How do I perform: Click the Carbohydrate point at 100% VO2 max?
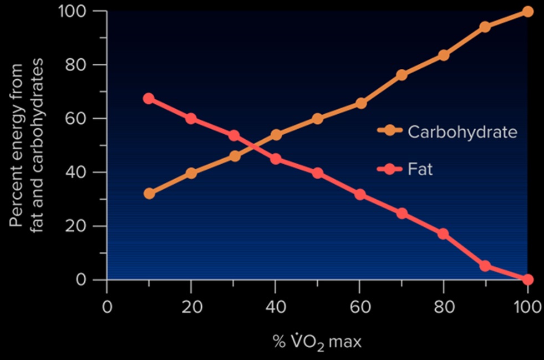pos(527,12)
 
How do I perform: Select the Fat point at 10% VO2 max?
pos(149,99)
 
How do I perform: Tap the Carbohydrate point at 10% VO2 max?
pos(149,194)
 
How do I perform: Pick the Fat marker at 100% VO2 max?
pos(527,279)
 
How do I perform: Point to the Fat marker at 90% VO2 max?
pos(485,266)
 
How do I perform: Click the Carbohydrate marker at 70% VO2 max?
pos(401,75)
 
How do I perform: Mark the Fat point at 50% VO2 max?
pos(317,173)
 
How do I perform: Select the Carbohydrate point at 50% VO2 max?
pos(317,119)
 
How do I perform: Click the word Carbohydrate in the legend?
pos(462,132)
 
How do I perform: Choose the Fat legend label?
pos(420,169)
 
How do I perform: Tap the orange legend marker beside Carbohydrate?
pos(390,131)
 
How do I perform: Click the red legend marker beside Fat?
pos(390,169)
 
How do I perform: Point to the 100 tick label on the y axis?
pos(74,11)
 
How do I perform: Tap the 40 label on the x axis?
pos(275,307)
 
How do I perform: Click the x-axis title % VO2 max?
pos(317,341)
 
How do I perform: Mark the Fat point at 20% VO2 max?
pos(191,119)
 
